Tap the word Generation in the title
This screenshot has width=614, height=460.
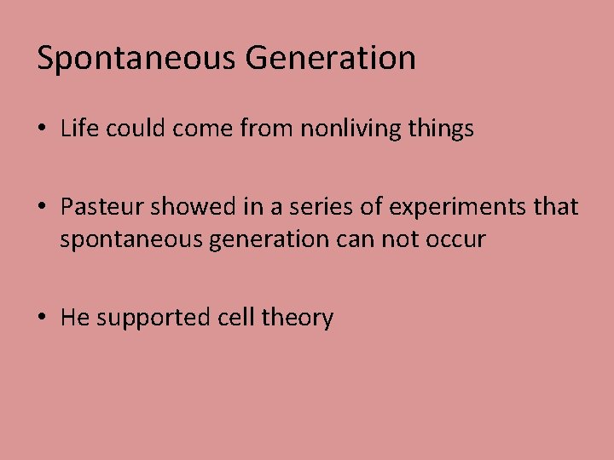click(330, 59)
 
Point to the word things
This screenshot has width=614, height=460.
click(441, 129)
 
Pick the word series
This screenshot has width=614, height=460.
click(321, 207)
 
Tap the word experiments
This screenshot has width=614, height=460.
click(456, 208)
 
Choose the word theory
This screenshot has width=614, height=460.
click(298, 319)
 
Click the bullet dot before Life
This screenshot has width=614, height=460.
click(42, 129)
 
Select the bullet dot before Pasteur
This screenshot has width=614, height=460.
click(42, 208)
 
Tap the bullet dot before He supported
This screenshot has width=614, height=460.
click(42, 319)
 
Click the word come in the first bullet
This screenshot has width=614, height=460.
click(202, 129)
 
